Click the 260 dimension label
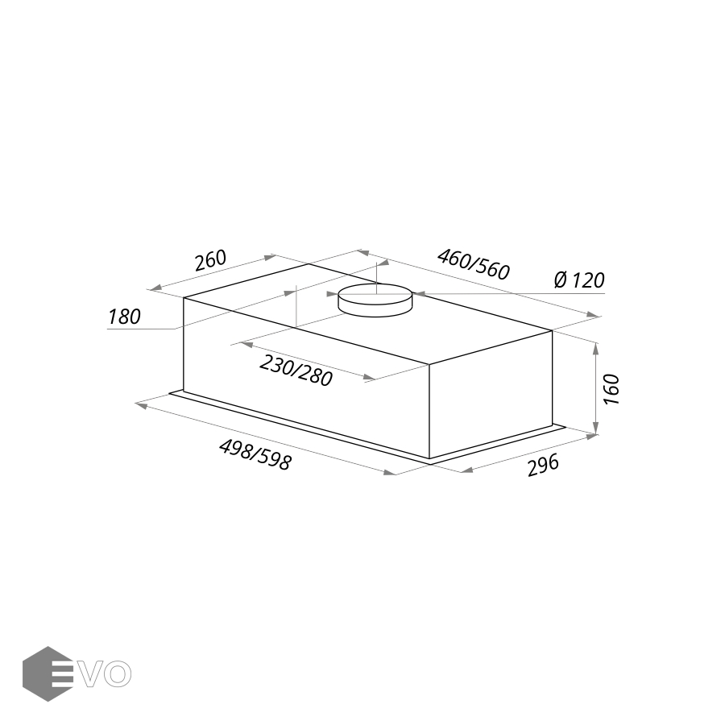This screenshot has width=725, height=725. (x=210, y=260)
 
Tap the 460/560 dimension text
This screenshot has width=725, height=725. (x=474, y=264)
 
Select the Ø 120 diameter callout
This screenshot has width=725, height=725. (x=579, y=280)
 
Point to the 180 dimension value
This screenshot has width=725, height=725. (x=124, y=317)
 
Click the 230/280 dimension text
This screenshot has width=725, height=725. (x=296, y=371)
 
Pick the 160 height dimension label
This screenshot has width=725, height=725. (x=611, y=389)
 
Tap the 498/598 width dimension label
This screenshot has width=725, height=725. (x=255, y=455)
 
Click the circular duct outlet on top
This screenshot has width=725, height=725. (x=375, y=300)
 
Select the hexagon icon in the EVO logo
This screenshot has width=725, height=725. (x=48, y=673)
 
